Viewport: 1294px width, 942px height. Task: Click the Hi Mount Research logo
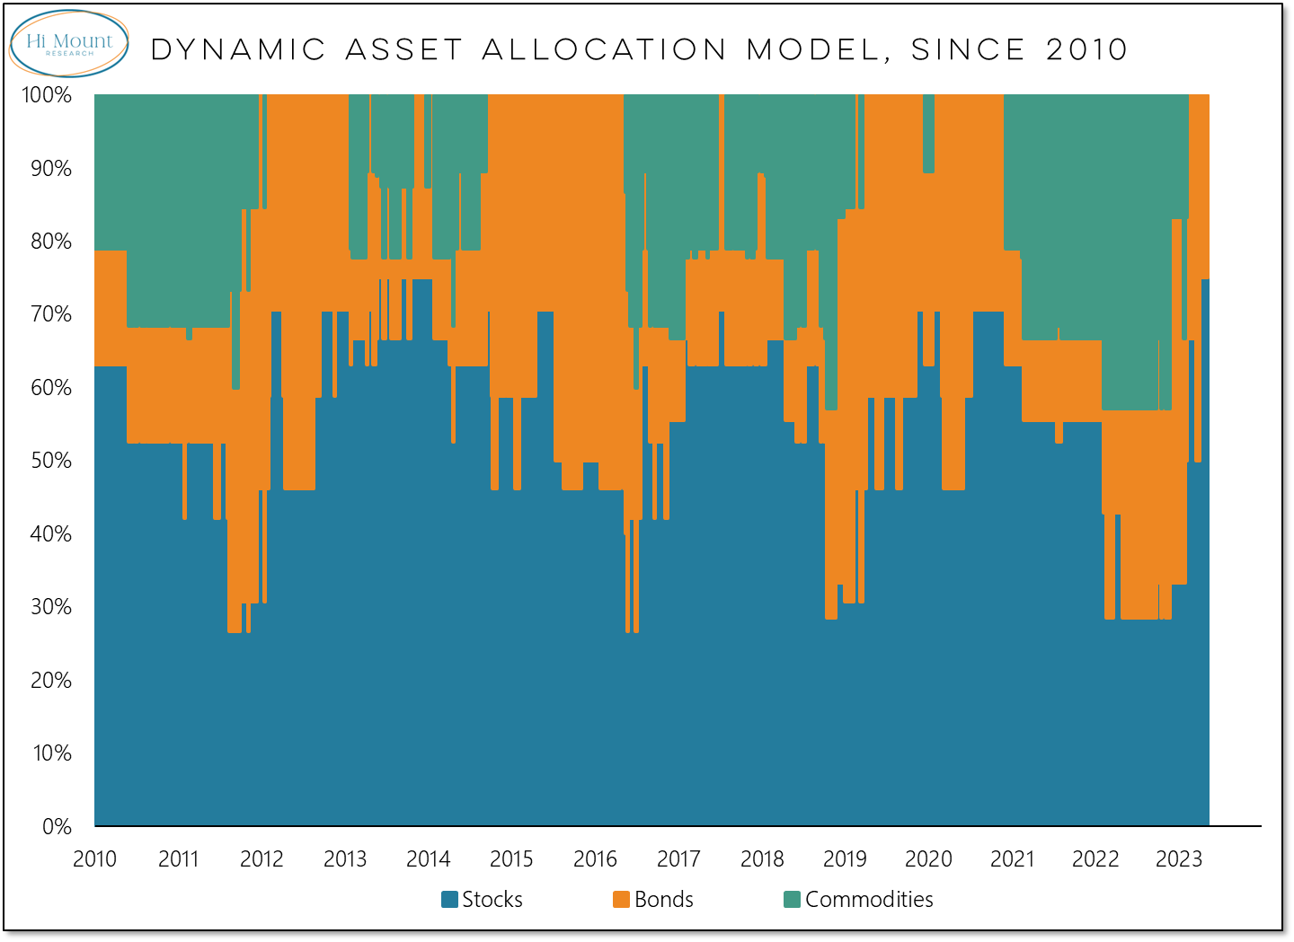click(x=69, y=43)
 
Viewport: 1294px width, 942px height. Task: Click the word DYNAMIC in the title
click(x=238, y=50)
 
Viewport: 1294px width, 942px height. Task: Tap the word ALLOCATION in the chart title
click(x=604, y=50)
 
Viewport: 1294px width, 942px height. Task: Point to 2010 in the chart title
click(x=1086, y=50)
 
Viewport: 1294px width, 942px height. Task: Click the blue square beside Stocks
click(x=450, y=900)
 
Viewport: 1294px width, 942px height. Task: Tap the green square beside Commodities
click(x=793, y=900)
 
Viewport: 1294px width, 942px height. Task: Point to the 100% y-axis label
click(x=47, y=95)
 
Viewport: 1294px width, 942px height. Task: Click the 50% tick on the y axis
click(x=51, y=461)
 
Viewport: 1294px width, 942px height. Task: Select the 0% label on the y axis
click(x=57, y=826)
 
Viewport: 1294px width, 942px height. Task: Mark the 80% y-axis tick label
click(x=51, y=242)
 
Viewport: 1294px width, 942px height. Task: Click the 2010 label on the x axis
click(x=94, y=859)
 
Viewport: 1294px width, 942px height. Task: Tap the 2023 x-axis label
click(x=1178, y=859)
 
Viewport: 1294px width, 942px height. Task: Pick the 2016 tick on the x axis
click(x=595, y=859)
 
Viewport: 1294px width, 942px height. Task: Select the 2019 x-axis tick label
click(x=845, y=859)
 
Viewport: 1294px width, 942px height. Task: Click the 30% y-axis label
click(x=51, y=607)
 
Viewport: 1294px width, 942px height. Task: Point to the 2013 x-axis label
click(x=345, y=859)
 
